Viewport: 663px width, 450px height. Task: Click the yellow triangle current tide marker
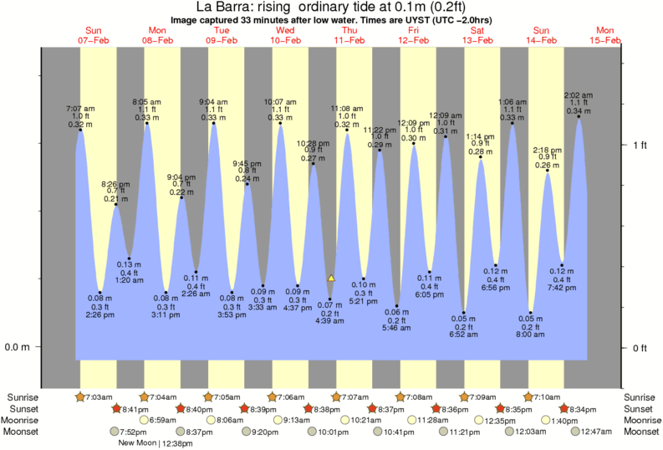(x=331, y=278)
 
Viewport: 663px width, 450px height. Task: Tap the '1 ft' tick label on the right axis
(x=640, y=145)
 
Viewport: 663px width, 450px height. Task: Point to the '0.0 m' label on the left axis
(x=18, y=347)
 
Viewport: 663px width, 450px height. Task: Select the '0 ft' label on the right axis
(x=640, y=347)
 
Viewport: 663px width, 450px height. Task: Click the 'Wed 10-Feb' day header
(x=284, y=34)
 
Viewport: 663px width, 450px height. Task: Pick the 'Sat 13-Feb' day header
(x=477, y=34)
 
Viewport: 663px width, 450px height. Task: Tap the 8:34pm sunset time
(x=584, y=408)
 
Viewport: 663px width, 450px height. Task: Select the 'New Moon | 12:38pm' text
(x=156, y=443)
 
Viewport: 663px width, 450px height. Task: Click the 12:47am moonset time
(x=589, y=432)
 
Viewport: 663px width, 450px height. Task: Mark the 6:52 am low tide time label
(x=463, y=334)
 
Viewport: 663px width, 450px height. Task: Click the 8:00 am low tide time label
(x=530, y=334)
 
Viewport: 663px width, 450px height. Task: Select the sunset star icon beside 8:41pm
(x=118, y=408)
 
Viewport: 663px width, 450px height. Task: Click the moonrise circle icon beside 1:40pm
(x=547, y=420)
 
